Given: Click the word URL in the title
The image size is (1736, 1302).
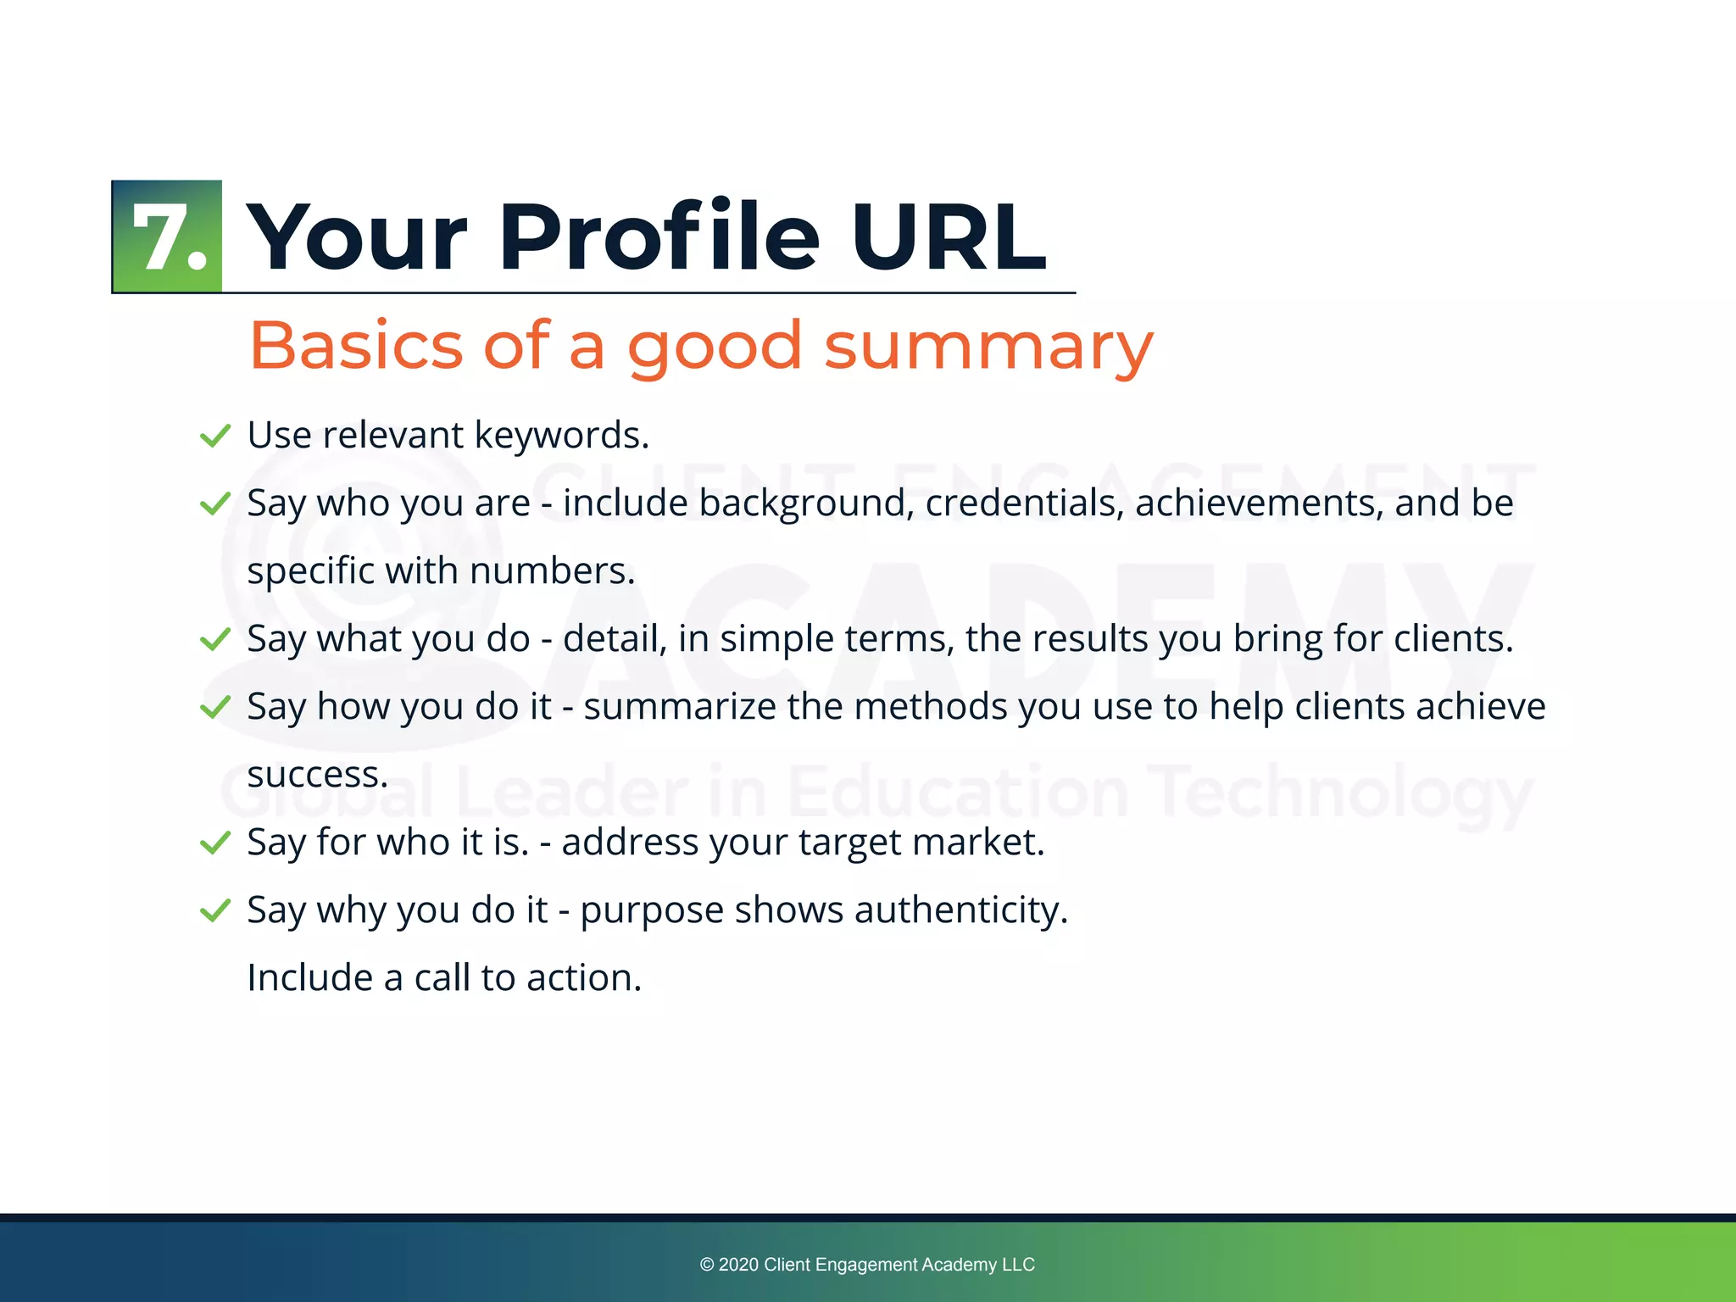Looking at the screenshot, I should (949, 238).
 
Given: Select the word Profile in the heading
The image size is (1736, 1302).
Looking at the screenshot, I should (659, 238).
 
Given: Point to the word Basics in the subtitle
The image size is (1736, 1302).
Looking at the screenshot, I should (356, 347).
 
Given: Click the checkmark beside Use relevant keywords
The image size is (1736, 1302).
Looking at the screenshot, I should (214, 436).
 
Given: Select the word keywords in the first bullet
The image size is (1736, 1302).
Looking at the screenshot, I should (561, 436).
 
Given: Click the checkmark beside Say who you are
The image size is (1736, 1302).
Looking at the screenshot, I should (214, 504).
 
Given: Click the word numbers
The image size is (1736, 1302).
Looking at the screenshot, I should (552, 570).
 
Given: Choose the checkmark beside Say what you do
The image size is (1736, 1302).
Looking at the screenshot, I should (214, 639).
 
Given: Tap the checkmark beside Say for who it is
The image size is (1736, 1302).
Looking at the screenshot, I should (214, 843).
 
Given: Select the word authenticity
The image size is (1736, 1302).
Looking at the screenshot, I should (960, 910).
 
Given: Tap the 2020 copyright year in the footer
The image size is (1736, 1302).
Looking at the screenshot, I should (737, 1265).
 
